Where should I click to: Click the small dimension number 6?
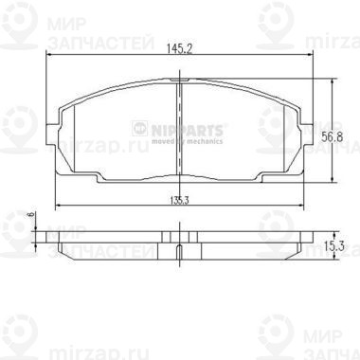pos(30,216)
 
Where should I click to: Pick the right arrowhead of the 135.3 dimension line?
pos(302,207)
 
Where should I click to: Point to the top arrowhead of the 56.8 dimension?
pos(331,81)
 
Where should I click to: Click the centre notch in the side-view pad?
pos(179,250)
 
